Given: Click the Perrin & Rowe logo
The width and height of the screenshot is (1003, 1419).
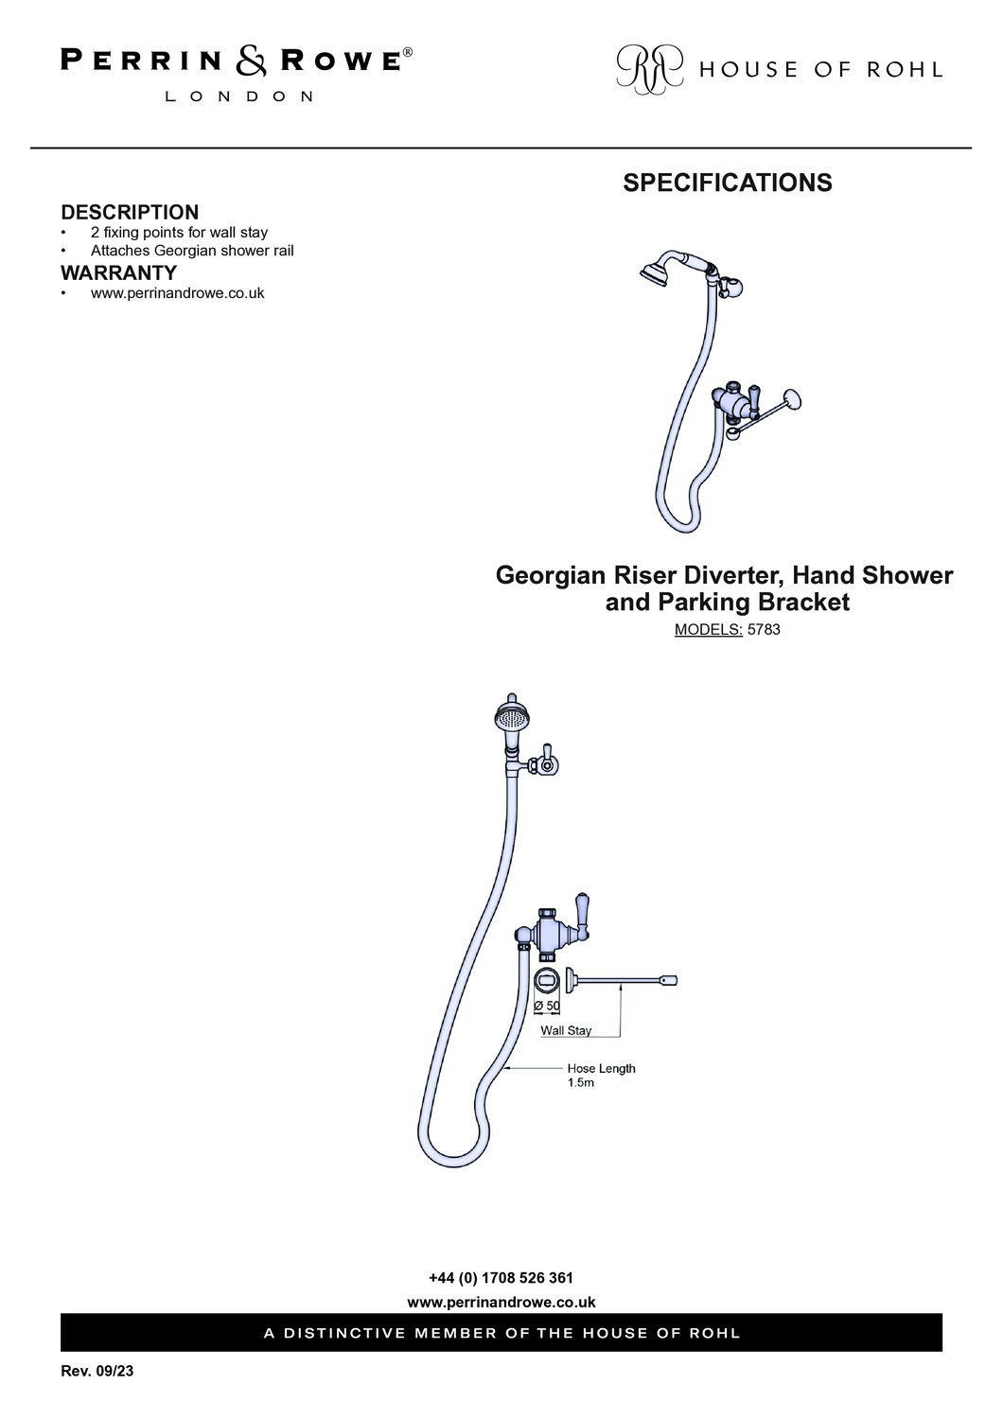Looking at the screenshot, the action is click(x=237, y=74).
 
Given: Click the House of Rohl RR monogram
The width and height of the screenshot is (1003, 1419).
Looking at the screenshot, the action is click(x=649, y=69).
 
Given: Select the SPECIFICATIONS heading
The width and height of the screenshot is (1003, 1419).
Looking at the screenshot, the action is click(x=728, y=183).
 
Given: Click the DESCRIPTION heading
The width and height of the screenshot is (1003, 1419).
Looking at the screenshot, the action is click(x=130, y=212).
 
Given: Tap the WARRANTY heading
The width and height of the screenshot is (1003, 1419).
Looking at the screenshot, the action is click(x=118, y=272).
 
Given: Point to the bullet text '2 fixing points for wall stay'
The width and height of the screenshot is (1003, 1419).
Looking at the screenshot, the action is click(x=180, y=233).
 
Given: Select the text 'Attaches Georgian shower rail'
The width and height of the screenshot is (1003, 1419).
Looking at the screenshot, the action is click(x=192, y=251).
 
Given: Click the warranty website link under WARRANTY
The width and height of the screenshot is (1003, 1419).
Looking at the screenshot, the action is click(x=177, y=293).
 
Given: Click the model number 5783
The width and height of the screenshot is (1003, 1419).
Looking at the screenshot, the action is click(x=764, y=630).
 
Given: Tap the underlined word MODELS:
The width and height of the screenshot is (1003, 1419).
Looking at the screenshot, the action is click(x=709, y=630).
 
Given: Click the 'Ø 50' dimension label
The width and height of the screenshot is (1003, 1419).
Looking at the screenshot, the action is click(x=547, y=1006).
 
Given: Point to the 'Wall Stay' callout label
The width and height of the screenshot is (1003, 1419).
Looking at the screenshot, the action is click(x=566, y=1030).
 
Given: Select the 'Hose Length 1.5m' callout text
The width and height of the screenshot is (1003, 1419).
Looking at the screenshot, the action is click(x=601, y=1075).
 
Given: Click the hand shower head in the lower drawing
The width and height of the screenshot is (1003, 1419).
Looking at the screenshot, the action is click(x=511, y=718).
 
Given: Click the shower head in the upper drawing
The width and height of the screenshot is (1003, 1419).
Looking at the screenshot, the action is click(x=656, y=272).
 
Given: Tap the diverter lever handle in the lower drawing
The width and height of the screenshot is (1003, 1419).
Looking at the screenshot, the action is click(x=582, y=915).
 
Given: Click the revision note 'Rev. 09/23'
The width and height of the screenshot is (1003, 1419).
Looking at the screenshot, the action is click(x=97, y=1371).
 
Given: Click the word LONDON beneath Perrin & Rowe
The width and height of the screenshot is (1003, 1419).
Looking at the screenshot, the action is click(x=238, y=96).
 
